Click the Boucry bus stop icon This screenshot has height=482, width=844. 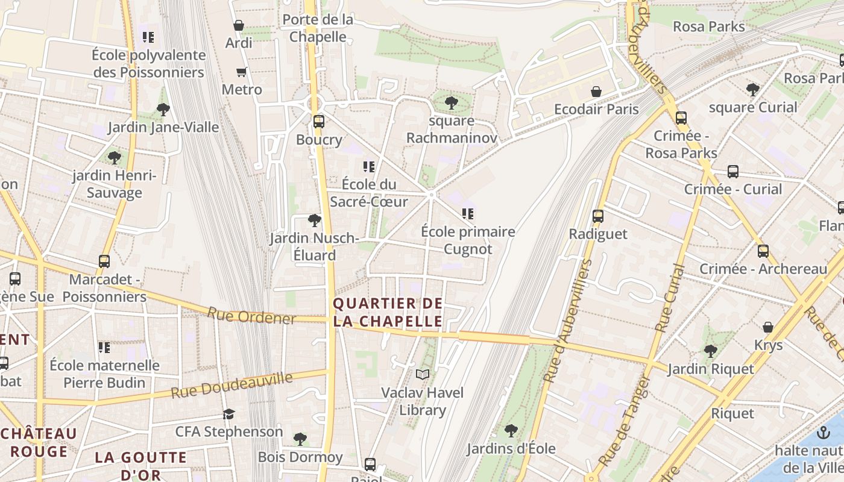319,122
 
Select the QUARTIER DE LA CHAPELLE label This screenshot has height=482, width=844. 388,312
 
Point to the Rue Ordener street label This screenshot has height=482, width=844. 251,316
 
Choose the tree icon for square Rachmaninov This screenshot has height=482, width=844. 452,103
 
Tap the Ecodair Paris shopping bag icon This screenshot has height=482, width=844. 596,92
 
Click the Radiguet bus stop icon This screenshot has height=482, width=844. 598,216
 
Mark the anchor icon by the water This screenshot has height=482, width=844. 823,433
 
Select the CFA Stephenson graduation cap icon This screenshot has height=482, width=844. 228,414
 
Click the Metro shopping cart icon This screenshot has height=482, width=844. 242,72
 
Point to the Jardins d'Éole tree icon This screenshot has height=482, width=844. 511,431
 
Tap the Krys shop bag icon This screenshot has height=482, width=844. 768,327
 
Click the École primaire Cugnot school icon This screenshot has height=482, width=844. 468,214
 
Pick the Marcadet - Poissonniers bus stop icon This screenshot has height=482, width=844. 104,261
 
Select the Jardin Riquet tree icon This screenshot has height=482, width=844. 711,351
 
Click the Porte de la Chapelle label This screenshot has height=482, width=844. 318,28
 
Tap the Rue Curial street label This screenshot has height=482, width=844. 670,299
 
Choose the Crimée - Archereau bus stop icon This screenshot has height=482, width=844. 763,251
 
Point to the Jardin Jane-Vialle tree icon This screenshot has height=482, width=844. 163,110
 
